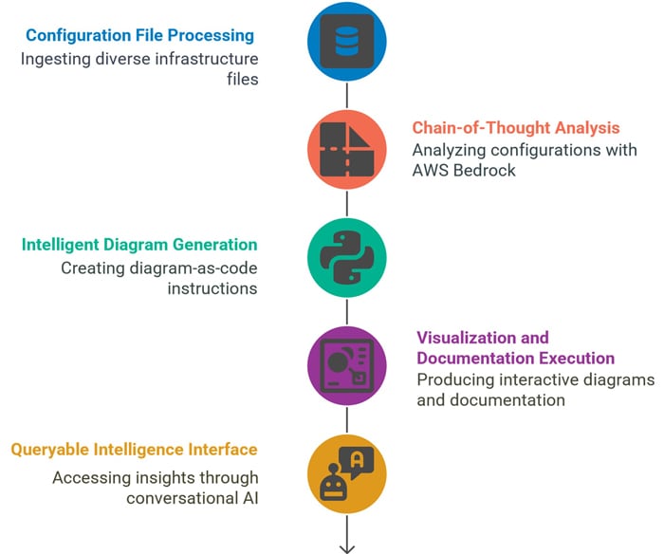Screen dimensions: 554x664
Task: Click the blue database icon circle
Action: (x=346, y=43)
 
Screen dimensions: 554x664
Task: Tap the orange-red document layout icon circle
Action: (x=346, y=150)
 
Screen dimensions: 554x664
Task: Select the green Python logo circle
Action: (x=346, y=257)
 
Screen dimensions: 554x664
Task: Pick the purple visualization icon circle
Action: (x=346, y=365)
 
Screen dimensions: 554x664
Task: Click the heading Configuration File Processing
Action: (x=139, y=36)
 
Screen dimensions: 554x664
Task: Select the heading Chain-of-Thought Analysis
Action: (x=515, y=128)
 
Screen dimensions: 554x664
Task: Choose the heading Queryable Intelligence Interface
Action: (x=134, y=449)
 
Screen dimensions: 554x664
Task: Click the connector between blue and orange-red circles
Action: (x=346, y=96)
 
